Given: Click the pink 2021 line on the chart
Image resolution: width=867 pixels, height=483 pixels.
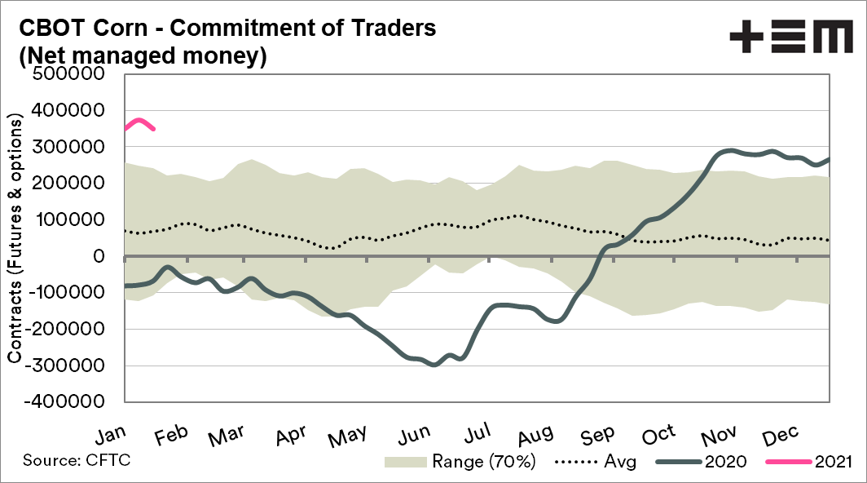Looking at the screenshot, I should coord(139,121).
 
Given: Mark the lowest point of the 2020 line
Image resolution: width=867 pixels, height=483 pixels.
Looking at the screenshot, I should coord(433,365).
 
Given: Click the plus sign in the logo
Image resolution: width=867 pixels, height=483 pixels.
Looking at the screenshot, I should coord(745,38).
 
